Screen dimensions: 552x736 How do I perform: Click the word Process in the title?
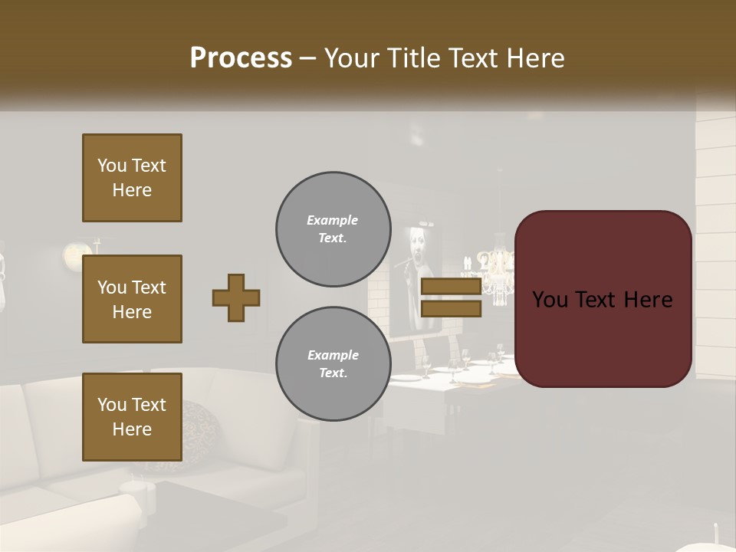[x=241, y=58]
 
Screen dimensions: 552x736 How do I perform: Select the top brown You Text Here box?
[x=132, y=178]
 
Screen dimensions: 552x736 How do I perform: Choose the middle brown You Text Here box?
[x=132, y=299]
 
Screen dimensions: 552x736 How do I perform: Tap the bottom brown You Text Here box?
[x=132, y=416]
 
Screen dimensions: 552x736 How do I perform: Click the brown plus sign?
[x=236, y=297]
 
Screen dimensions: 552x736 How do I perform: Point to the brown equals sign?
[x=451, y=297]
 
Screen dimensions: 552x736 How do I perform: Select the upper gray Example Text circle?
[x=333, y=229]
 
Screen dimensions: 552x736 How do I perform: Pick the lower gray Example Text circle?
[x=333, y=364]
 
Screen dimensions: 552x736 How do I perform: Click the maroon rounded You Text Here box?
[x=603, y=298]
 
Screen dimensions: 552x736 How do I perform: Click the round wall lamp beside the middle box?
[x=74, y=252]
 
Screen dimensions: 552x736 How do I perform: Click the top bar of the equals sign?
[x=451, y=287]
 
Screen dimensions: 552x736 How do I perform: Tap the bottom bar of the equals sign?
[x=451, y=308]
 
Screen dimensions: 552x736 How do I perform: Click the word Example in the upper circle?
[x=333, y=220]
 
